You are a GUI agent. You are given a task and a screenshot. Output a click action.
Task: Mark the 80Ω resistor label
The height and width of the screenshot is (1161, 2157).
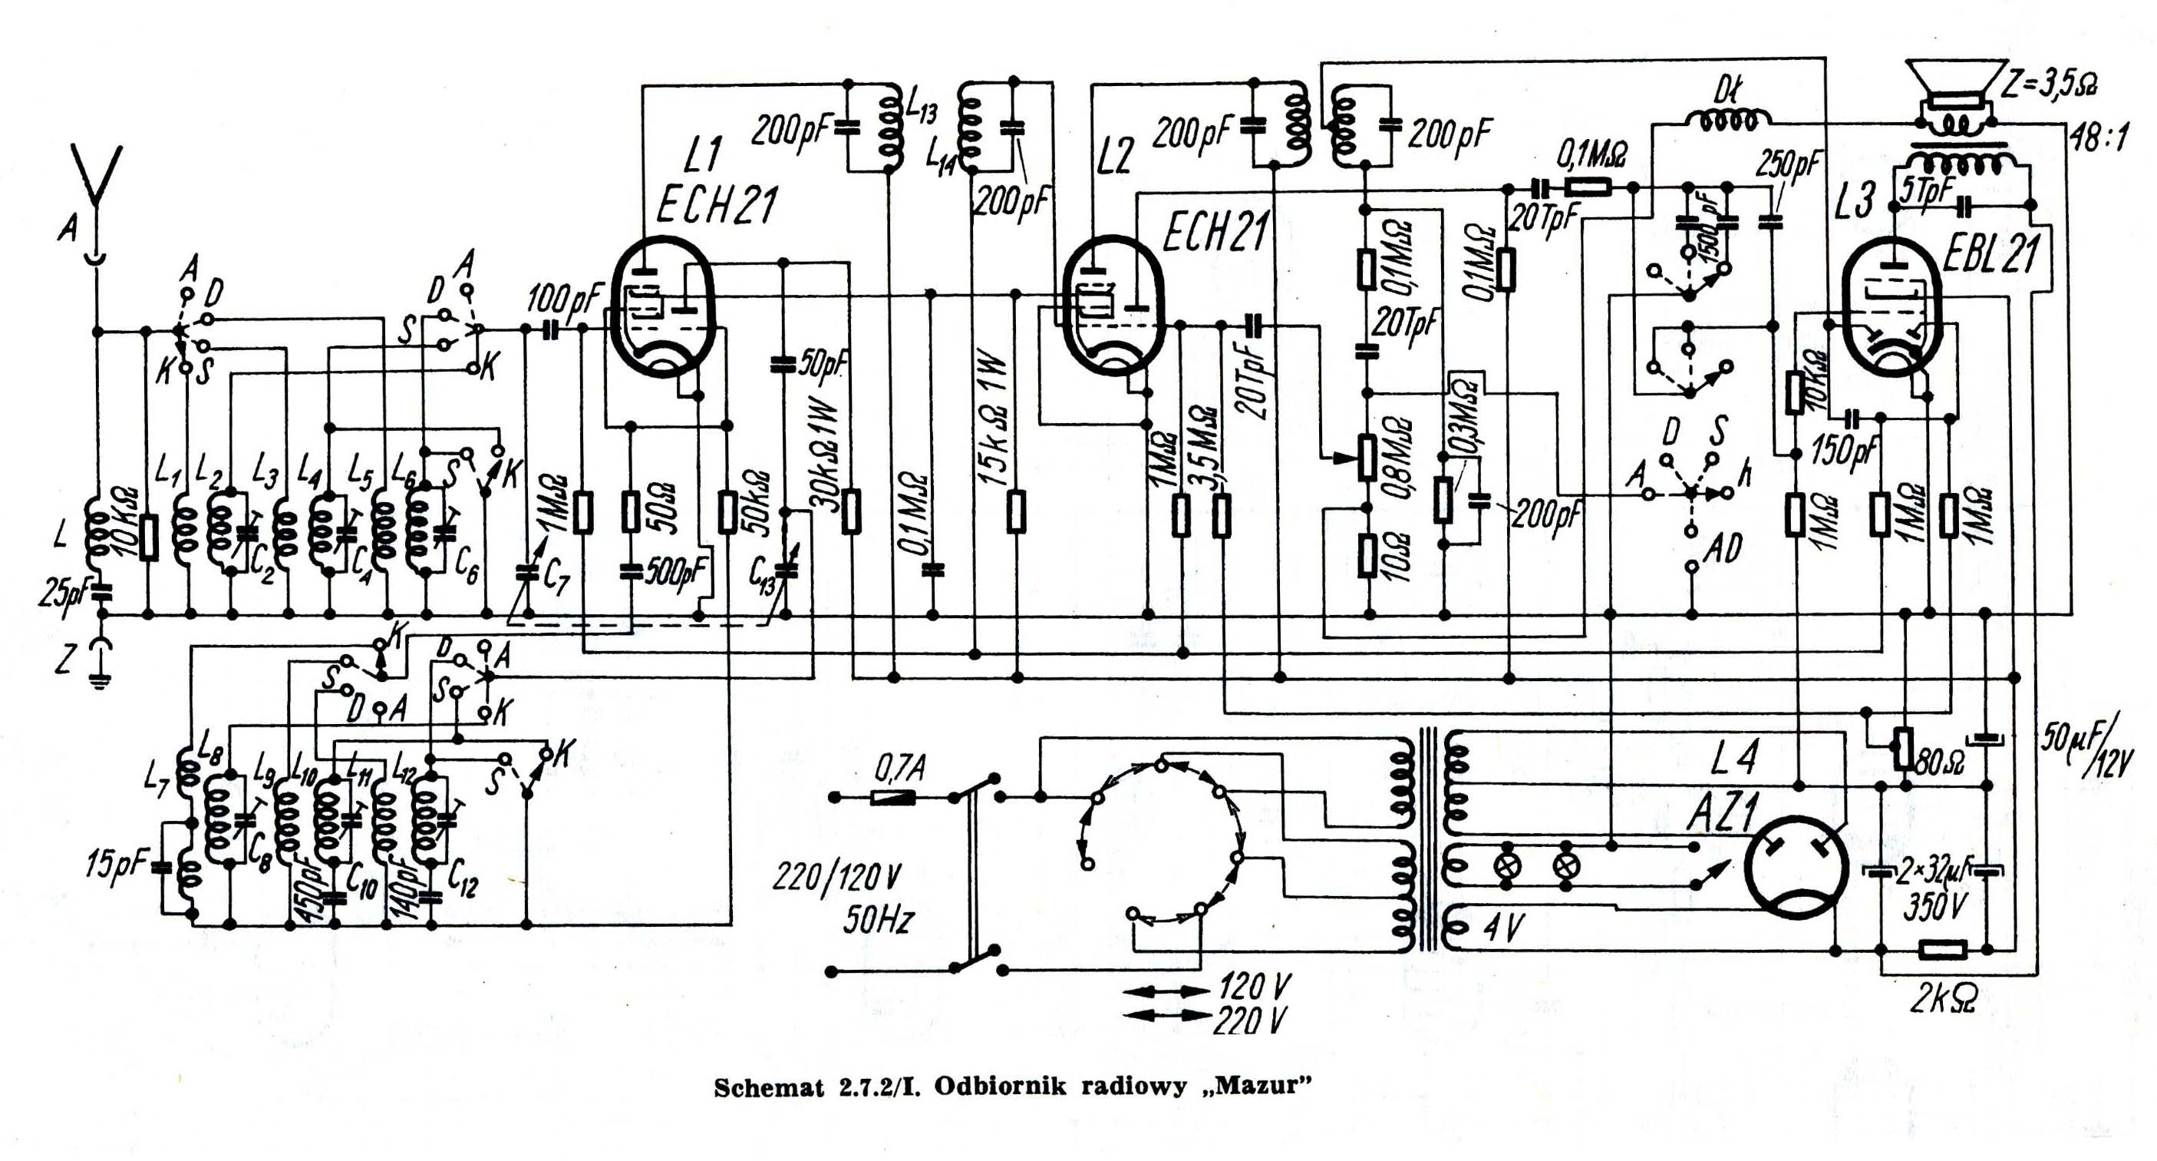[1938, 763]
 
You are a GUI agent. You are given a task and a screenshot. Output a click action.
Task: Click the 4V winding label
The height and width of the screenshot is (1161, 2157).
[1504, 928]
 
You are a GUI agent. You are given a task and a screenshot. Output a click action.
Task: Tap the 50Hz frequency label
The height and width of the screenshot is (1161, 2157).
[877, 920]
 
